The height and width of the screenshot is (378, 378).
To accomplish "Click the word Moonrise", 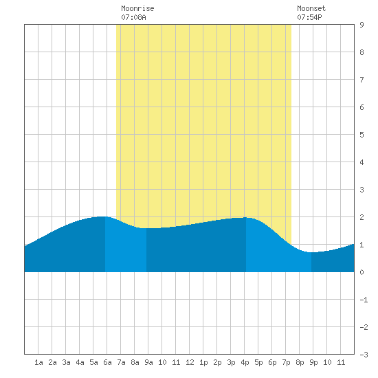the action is coord(137,8).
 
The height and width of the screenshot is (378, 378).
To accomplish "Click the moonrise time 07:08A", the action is coord(133,17).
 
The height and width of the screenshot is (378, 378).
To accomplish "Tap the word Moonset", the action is coord(311,8).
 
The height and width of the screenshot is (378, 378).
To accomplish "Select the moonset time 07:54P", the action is coord(309,17).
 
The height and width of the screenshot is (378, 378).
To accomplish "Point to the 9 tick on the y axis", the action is coord(362,25).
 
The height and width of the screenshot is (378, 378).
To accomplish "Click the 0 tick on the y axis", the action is coord(362,272).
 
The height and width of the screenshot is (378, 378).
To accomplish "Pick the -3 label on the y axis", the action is coord(364,355).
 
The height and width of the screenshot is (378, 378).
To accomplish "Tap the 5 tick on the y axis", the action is coord(362,135).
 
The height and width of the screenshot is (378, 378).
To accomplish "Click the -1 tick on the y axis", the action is coord(364,300).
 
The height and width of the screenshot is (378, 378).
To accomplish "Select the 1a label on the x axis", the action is coord(38,362).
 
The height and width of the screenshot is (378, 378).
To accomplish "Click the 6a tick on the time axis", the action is coord(107,362).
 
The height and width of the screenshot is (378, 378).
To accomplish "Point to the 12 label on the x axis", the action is coord(190,362).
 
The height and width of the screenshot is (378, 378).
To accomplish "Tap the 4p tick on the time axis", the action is coord(245,362).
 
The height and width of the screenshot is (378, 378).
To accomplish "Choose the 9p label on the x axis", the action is coord(313,362).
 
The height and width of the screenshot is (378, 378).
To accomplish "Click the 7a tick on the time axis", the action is coord(121,362).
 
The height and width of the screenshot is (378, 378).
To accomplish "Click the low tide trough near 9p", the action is coord(311,252).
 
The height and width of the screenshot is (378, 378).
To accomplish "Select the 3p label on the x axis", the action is coord(231,362).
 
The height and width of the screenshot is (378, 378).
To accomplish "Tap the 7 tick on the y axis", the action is coord(362,80).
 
